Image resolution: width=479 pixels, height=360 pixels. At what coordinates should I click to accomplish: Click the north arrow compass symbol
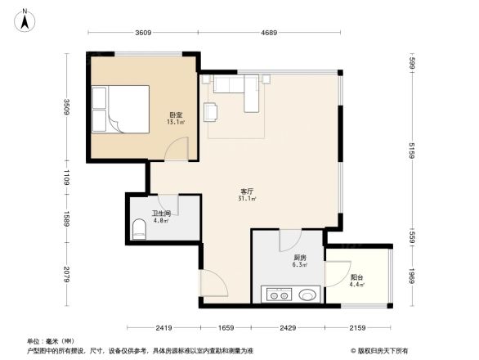coord(26,17)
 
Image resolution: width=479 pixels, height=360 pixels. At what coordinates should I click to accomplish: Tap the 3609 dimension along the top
coord(143,34)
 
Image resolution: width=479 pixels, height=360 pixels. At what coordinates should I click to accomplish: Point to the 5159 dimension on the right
coord(414,151)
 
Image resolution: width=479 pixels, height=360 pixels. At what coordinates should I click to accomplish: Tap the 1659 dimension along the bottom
coord(226,328)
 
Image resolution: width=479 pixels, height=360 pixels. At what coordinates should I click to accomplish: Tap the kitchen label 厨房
coord(299,257)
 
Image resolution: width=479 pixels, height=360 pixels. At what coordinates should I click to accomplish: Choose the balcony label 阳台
coord(356,277)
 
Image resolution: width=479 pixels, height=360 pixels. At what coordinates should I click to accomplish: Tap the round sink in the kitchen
coord(309,295)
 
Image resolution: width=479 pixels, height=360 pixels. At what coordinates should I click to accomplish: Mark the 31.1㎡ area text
coord(245,199)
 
